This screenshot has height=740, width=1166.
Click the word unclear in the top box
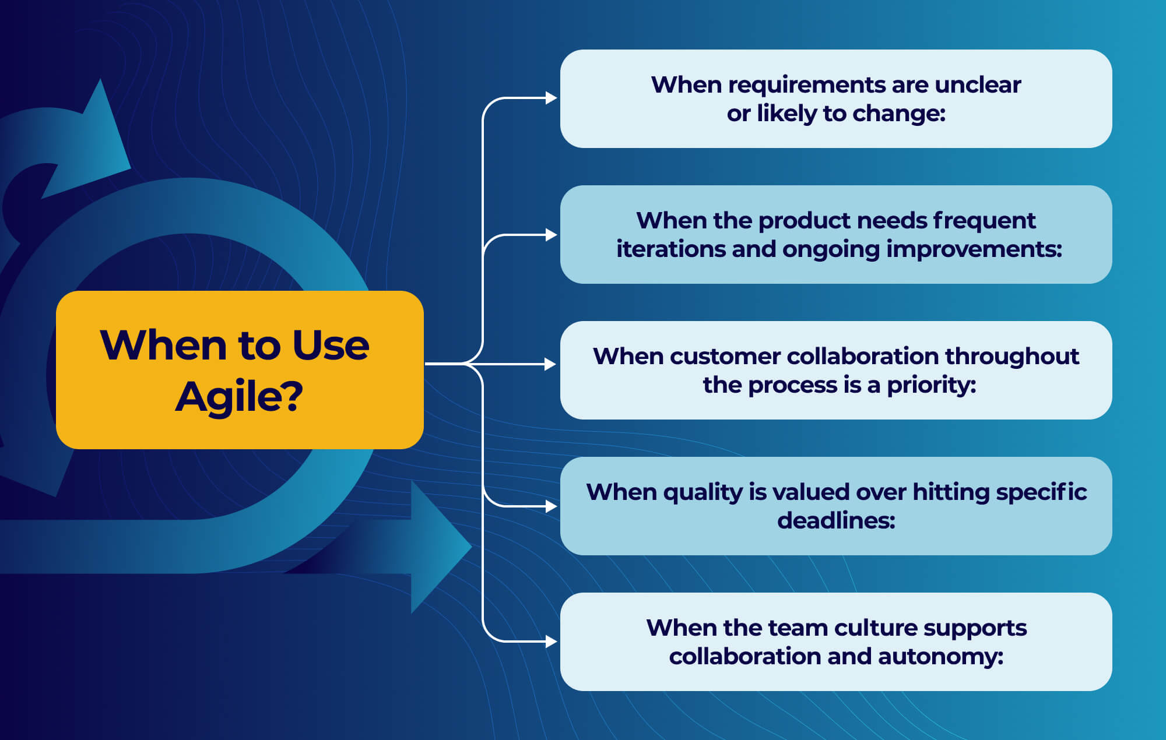click(x=978, y=85)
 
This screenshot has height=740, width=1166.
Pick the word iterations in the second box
click(x=670, y=249)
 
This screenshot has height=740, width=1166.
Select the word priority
click(x=931, y=386)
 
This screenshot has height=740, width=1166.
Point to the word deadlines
click(x=836, y=520)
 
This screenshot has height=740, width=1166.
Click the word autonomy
click(x=940, y=657)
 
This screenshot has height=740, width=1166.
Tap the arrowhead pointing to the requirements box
click(x=551, y=98)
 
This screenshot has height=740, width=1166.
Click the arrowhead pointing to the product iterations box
click(x=551, y=235)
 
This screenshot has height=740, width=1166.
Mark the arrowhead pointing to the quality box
click(x=551, y=506)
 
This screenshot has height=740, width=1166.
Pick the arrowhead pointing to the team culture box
click(x=551, y=642)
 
